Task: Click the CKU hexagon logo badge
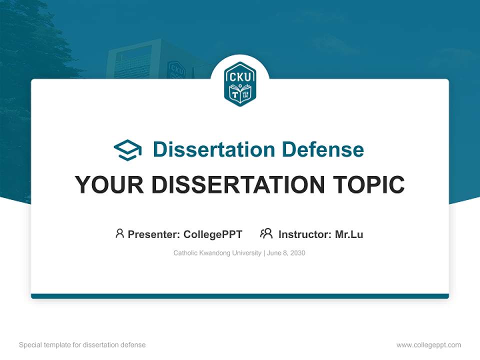[240, 84]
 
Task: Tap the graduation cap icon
[127, 149]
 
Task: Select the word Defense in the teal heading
[322, 149]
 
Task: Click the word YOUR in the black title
[109, 185]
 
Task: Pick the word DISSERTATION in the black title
[237, 185]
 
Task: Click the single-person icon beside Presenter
[119, 233]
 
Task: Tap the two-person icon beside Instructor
[266, 233]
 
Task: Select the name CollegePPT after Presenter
[212, 234]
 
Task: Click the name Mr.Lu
[349, 234]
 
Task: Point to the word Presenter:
[154, 234]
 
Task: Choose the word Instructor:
[305, 234]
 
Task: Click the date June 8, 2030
[286, 253]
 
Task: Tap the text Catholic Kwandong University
[216, 253]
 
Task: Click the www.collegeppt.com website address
[428, 345]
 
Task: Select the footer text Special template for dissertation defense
[82, 345]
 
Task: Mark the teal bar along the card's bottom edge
[240, 296]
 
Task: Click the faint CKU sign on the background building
[176, 70]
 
